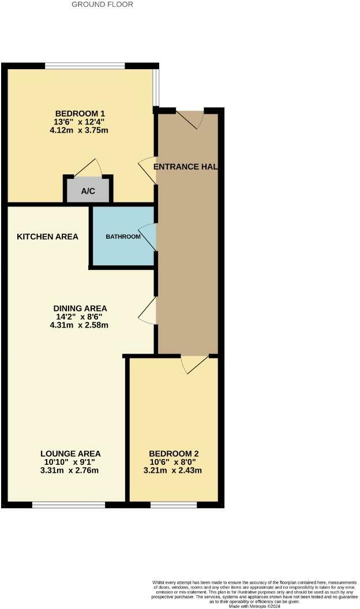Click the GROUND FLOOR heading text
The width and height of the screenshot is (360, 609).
click(102, 5)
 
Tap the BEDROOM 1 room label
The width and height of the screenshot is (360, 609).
click(80, 113)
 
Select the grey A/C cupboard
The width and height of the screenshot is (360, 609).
click(88, 191)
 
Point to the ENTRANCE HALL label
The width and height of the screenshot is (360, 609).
click(185, 167)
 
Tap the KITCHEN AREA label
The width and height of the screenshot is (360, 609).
click(47, 237)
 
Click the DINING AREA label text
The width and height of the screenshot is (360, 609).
click(80, 308)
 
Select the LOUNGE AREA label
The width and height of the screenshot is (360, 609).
click(70, 453)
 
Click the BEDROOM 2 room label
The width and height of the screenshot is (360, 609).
click(174, 453)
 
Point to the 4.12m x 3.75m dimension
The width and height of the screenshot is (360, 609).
click(80, 130)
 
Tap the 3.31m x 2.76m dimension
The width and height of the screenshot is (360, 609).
click(70, 471)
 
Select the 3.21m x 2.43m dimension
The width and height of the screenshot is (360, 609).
click(174, 471)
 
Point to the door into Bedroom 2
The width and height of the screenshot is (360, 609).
click(194, 364)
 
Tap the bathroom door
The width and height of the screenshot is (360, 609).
click(148, 236)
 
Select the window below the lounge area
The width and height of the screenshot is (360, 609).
click(69, 505)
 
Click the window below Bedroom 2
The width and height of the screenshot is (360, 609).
click(173, 505)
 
